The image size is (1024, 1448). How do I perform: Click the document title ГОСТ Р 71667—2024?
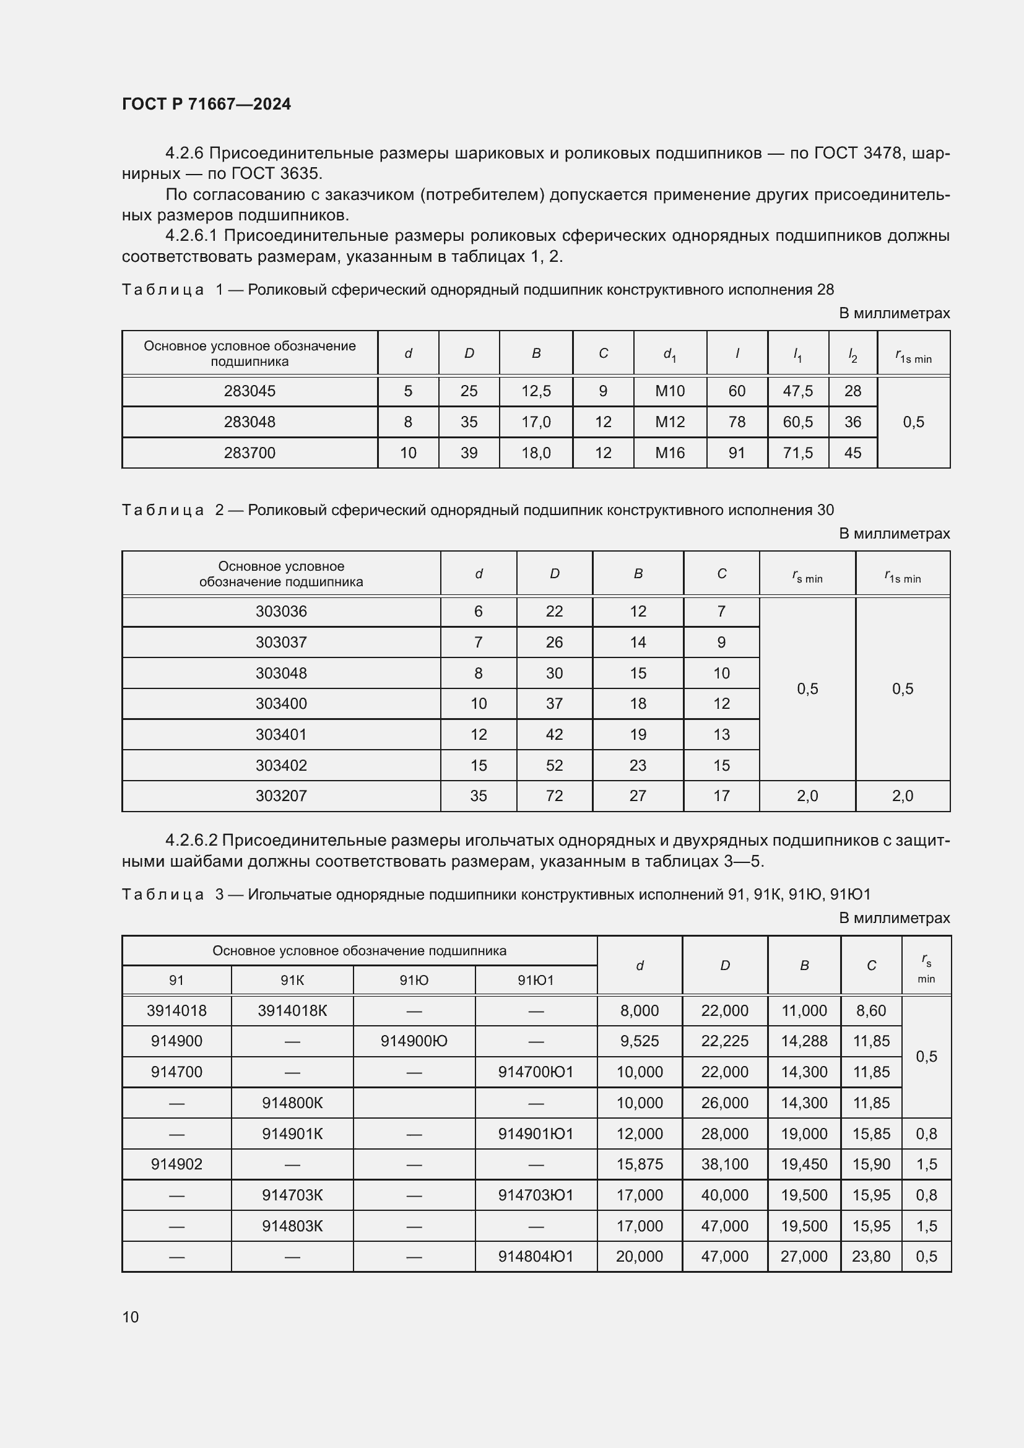click(206, 104)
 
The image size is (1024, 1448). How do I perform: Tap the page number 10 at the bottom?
click(130, 1317)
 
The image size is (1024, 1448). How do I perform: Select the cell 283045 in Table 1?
click(249, 391)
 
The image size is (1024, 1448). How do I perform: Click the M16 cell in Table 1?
click(670, 453)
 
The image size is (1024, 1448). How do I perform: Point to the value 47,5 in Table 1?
click(797, 391)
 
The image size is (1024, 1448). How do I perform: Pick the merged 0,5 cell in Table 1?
click(913, 422)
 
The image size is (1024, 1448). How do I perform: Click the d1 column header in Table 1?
click(670, 355)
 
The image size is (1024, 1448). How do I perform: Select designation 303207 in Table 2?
click(281, 796)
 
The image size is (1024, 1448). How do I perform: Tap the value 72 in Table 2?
click(554, 796)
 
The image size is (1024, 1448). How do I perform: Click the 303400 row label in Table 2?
click(281, 703)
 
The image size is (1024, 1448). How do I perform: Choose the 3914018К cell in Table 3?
click(292, 1011)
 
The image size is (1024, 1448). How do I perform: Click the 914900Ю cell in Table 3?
click(414, 1041)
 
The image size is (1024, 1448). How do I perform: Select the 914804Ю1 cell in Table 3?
click(536, 1256)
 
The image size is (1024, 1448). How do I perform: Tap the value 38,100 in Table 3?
click(724, 1164)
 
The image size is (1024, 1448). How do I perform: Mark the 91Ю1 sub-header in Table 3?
click(536, 980)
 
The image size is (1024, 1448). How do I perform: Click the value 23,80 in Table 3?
click(871, 1256)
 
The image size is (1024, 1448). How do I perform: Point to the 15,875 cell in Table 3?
click(640, 1164)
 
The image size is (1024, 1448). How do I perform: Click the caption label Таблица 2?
click(163, 509)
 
